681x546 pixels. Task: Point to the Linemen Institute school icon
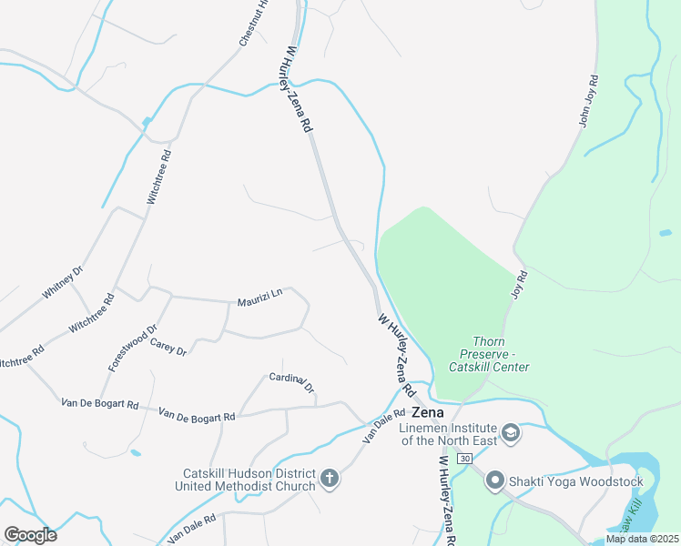click(510, 431)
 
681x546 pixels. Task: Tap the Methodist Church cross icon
click(330, 477)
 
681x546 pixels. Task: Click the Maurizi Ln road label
click(260, 296)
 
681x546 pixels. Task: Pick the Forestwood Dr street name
click(133, 348)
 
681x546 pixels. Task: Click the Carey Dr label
click(168, 347)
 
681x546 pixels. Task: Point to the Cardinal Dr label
click(291, 383)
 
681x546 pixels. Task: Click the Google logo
click(30, 534)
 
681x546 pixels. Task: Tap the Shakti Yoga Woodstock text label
click(575, 481)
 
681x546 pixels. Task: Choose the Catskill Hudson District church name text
click(248, 479)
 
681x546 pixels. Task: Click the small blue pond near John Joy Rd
click(666, 233)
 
